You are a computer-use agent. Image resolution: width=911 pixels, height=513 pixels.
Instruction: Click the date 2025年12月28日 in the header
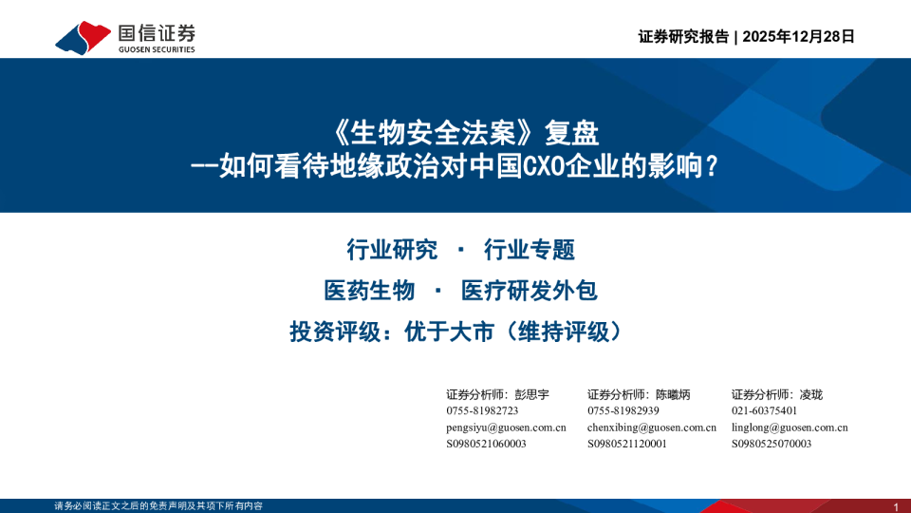click(x=799, y=37)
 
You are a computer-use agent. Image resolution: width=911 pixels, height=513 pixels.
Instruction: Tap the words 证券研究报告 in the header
click(x=684, y=37)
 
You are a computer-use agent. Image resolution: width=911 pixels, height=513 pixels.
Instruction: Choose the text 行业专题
click(x=530, y=250)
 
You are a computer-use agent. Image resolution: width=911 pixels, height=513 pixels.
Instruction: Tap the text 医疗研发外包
click(x=529, y=290)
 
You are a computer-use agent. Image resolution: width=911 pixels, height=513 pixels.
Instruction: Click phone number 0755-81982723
click(x=482, y=410)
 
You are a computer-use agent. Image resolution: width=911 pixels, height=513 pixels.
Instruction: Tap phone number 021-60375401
click(x=764, y=410)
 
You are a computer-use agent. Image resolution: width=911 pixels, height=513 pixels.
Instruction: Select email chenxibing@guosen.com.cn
click(x=652, y=427)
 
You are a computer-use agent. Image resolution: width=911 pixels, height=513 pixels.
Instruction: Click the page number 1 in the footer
click(x=896, y=505)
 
